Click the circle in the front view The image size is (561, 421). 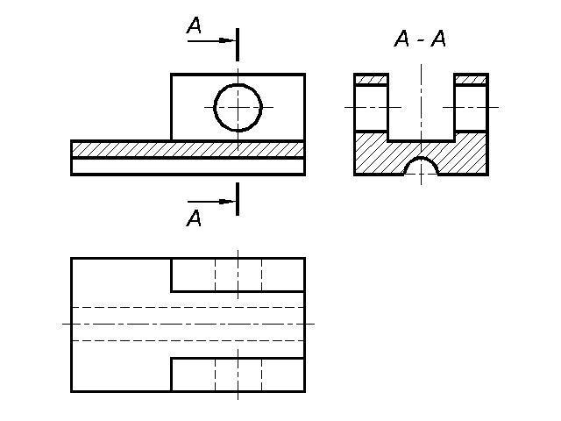click(238, 107)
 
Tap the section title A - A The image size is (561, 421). click(420, 40)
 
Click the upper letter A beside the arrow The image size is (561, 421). click(195, 27)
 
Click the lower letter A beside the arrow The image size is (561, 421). click(195, 218)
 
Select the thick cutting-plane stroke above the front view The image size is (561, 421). click(238, 42)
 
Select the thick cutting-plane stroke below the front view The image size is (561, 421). click(238, 198)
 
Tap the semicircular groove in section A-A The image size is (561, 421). click(422, 168)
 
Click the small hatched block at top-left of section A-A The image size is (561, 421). click(371, 80)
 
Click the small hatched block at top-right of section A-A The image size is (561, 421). click(471, 80)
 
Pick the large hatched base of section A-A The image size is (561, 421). click(377, 153)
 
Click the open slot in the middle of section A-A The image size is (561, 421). click(421, 105)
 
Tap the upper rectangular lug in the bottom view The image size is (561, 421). click(238, 275)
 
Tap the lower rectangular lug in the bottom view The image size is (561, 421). click(238, 374)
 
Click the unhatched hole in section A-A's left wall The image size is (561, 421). click(371, 108)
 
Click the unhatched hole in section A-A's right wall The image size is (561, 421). click(471, 108)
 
